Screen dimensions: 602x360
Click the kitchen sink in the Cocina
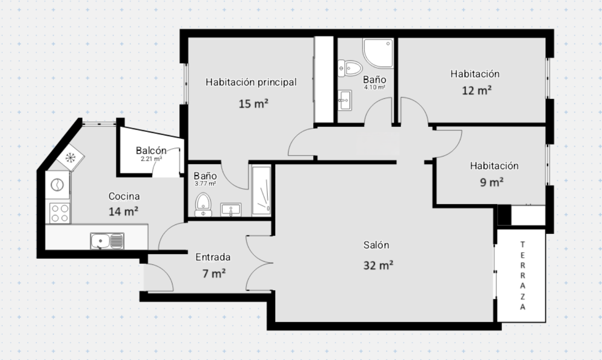coord(107,241)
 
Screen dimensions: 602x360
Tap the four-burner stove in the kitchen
coord(60,213)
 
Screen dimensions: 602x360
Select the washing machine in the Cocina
coord(57,185)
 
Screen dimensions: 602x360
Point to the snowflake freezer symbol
coord(70,157)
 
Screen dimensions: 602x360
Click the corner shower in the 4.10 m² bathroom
coord(378,53)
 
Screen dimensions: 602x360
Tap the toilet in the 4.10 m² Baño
coord(350,68)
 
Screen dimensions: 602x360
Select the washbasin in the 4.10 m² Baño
coord(345,100)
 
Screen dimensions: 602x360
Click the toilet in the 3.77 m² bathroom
coord(203,205)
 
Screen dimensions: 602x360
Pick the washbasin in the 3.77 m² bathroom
coord(231,209)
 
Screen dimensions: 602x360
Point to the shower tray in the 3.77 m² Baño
coord(261,190)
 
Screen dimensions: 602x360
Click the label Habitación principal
coord(251,82)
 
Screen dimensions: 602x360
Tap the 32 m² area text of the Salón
coord(378,265)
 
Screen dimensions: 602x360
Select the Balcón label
coord(151,151)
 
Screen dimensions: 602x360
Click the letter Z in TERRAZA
coord(523,297)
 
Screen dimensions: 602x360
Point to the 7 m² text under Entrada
coord(214,274)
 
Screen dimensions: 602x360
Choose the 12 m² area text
coord(476,91)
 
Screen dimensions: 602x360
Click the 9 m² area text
coord(492,182)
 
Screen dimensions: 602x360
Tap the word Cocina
coord(124,196)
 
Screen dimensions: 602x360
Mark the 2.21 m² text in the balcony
coord(152,159)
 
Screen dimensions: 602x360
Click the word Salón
coord(376,245)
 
